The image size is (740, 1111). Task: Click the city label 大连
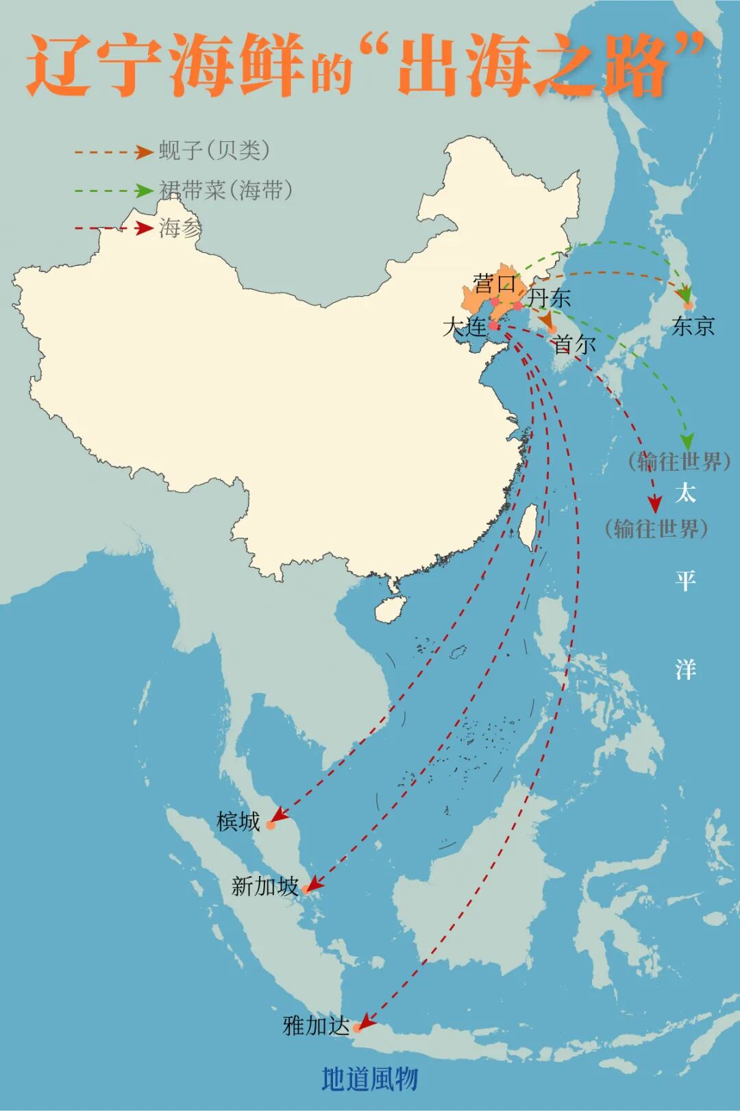(465, 328)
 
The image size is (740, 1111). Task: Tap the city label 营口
(494, 283)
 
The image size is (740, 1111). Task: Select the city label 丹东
(550, 299)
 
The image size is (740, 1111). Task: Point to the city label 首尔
(574, 344)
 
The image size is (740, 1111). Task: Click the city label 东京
(693, 326)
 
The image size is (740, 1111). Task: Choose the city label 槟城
(238, 821)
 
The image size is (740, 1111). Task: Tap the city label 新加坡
(265, 887)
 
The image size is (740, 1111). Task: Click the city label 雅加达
(316, 1026)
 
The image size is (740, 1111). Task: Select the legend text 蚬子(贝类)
(214, 151)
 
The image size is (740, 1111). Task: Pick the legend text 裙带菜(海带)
(226, 190)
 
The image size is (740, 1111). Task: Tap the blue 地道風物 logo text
(369, 1079)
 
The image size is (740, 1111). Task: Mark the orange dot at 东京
(689, 306)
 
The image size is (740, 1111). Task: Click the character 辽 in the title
(60, 66)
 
